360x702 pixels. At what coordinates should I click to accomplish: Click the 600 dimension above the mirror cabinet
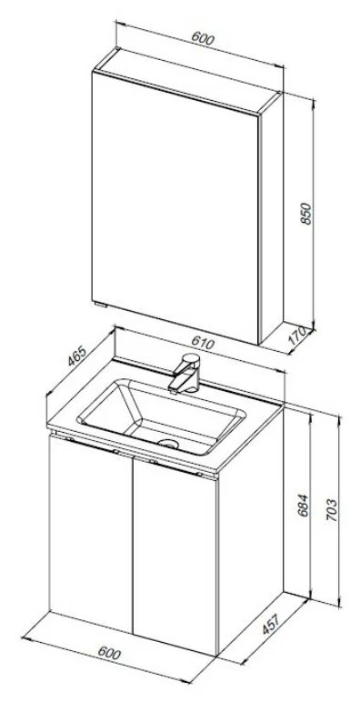point(203,38)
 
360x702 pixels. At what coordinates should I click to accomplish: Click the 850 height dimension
point(305,214)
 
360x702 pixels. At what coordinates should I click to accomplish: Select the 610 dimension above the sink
point(203,343)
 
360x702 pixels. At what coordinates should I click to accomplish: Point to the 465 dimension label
point(76,356)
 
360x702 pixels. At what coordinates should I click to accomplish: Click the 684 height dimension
point(304,506)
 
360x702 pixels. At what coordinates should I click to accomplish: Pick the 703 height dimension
point(331,510)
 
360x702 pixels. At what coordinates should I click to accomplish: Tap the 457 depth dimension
point(271,624)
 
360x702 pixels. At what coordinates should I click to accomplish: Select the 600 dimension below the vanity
point(109,654)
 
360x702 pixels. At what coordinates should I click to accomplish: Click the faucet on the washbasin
point(185,374)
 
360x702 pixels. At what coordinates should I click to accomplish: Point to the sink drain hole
point(168,444)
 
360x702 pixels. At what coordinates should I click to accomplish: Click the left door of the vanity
point(91,533)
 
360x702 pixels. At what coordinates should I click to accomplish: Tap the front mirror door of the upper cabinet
point(175,206)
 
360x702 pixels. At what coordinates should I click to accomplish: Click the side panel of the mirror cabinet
point(271,217)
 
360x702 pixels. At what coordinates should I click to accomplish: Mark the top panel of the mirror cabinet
point(188,81)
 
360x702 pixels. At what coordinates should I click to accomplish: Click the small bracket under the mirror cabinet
point(102,305)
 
